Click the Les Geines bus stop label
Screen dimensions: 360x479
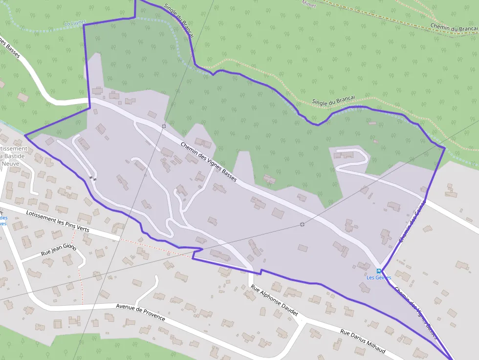coord(379,277)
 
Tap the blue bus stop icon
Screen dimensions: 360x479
coord(379,271)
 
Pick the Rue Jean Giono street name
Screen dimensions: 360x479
coord(59,250)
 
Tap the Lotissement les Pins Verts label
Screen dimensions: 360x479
coord(58,220)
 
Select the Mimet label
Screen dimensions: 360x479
coord(309,4)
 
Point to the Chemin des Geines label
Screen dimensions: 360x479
coord(412,222)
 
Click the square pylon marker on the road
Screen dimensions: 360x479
coord(164,126)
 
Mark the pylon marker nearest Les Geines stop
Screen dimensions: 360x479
coord(303,224)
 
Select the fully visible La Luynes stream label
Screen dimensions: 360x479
coord(75,22)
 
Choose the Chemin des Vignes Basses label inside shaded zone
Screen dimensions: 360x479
coord(209,162)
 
